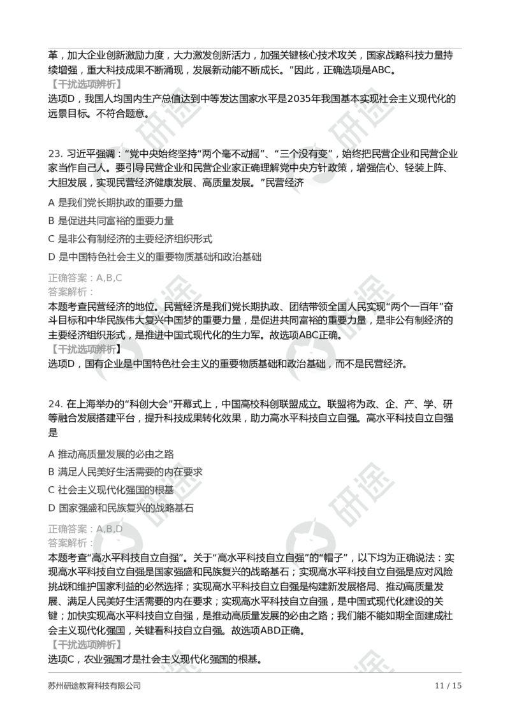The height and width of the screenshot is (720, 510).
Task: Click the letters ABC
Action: point(310,336)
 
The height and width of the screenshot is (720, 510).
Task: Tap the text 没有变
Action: point(316,154)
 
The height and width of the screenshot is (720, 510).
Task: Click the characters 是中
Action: point(129,364)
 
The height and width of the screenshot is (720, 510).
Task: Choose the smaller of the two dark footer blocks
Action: point(448,686)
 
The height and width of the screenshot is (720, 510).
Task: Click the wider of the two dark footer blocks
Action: point(94,686)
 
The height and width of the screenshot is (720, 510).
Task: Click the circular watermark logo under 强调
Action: point(120,167)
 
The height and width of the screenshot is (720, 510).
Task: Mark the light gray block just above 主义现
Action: point(87,645)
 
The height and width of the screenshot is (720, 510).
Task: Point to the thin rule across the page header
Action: point(255,48)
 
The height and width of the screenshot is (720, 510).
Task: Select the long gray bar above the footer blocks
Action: point(255,672)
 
